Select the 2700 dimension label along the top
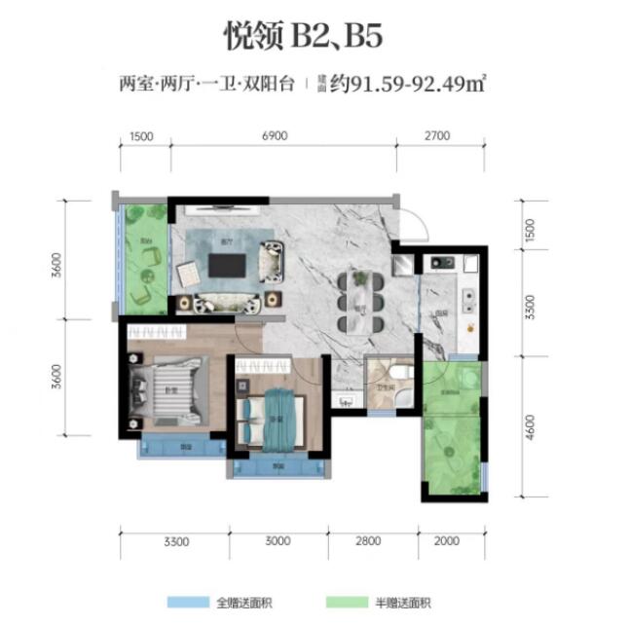tap(436, 136)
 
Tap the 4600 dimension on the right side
tap(531, 428)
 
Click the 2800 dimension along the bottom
tap(372, 541)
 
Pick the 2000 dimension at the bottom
tap(446, 541)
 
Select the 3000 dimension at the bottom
tap(277, 541)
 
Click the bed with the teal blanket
tap(278, 417)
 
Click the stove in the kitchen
tap(438, 261)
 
